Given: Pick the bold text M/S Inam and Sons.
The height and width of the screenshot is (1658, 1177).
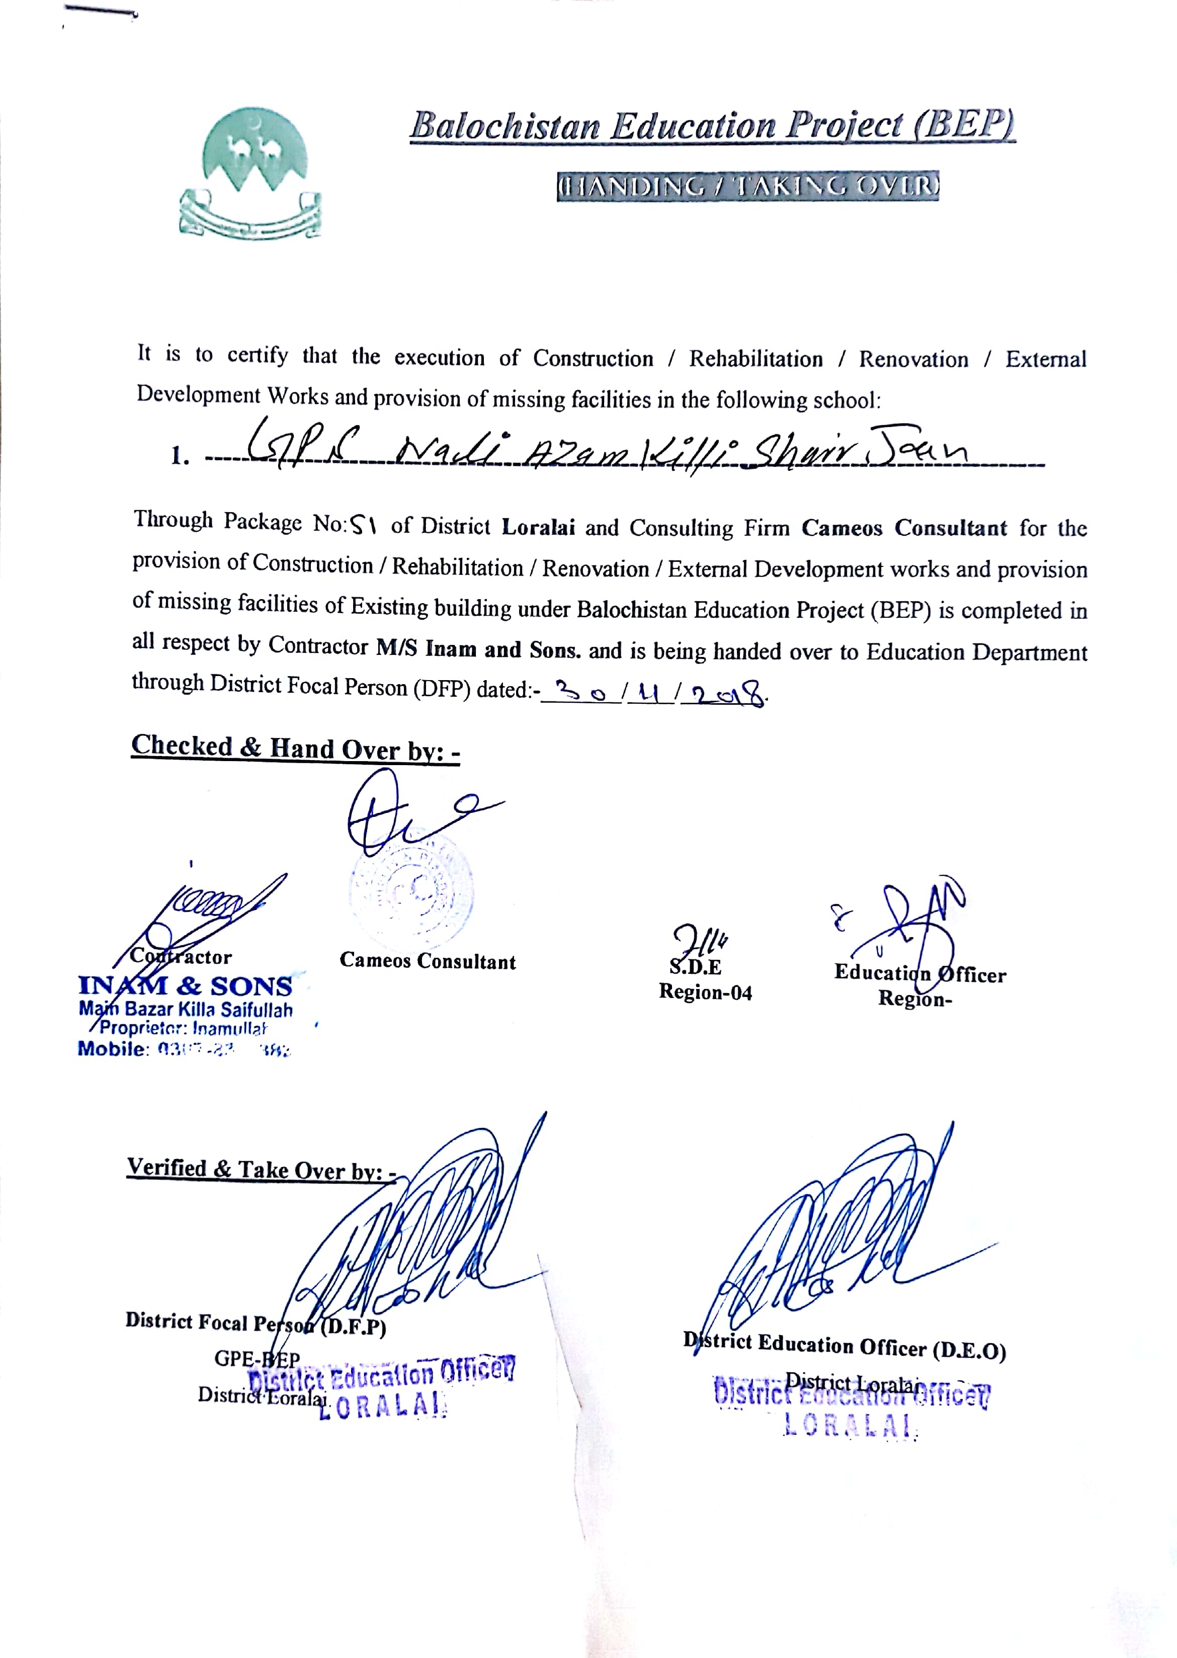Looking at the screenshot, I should tap(478, 648).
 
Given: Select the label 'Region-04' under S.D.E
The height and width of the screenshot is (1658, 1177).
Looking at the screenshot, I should tap(705, 992).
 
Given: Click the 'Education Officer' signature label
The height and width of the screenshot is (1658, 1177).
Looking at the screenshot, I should tap(919, 973).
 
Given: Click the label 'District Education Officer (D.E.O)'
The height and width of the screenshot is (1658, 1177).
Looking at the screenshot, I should tap(845, 1347).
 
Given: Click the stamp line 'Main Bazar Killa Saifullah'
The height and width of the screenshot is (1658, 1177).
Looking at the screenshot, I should tap(186, 1010).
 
